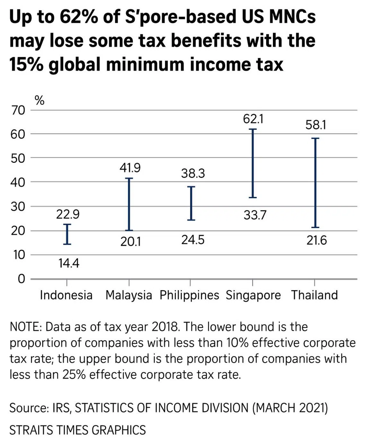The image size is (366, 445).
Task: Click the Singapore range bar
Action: (x=253, y=163)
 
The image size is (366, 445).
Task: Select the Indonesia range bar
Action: (x=67, y=234)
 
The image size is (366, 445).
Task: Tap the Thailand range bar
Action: (x=315, y=183)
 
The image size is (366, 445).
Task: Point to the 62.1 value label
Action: (x=253, y=119)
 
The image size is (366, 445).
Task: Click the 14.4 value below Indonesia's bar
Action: (x=69, y=263)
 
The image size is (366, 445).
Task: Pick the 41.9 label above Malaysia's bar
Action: (x=130, y=168)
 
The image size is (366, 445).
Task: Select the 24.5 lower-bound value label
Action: (x=193, y=240)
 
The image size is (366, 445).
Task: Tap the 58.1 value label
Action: (x=316, y=125)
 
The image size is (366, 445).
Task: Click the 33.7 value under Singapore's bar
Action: (x=255, y=215)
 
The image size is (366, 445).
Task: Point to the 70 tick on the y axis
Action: (x=18, y=110)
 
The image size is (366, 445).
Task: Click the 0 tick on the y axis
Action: (x=21, y=279)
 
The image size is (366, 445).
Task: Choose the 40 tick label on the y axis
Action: (x=18, y=182)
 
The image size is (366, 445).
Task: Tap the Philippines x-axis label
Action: (x=189, y=295)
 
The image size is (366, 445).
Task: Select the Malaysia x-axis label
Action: (x=129, y=295)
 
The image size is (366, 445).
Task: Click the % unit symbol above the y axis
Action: (x=39, y=101)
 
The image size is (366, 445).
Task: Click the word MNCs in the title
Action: (x=292, y=17)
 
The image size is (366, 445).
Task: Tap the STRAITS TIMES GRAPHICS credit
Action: (x=78, y=430)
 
